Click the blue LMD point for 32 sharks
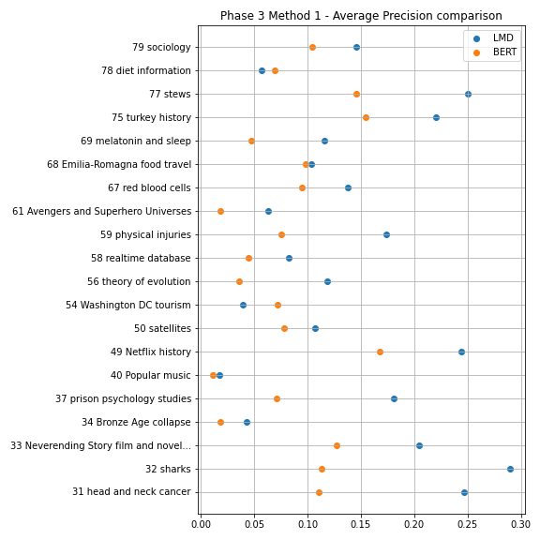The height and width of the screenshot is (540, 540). coord(510,469)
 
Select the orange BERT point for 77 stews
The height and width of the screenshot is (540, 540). coord(356,94)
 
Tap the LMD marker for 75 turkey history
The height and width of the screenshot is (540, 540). coord(436,117)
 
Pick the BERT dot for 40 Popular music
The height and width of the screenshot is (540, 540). coord(213,375)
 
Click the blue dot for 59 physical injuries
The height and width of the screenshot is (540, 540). coord(386,235)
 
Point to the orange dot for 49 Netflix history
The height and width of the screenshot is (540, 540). coord(380,352)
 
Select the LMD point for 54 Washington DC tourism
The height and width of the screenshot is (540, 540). coord(243,305)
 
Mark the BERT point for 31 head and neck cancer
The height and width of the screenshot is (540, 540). coord(320,492)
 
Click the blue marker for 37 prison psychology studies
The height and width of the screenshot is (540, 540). coord(394,398)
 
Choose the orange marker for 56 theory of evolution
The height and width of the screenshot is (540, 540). coord(239,281)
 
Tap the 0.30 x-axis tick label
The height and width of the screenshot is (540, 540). coord(520,524)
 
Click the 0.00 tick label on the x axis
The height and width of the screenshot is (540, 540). coord(201,524)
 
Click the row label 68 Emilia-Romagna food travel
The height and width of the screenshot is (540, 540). coord(119,165)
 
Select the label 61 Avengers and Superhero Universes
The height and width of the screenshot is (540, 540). coord(101,212)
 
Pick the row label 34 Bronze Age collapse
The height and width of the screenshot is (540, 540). coord(136,422)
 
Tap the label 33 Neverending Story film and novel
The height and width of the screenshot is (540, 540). coord(100,445)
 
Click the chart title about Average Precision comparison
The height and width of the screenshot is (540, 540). coord(361,16)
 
